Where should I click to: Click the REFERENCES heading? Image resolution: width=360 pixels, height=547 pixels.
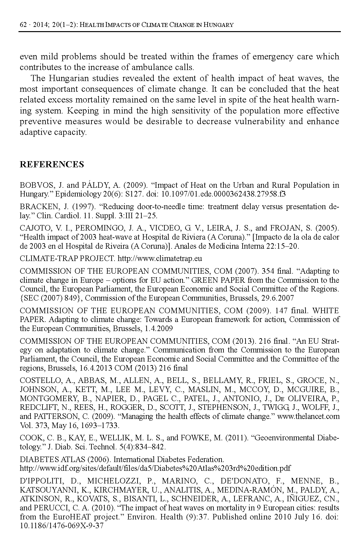click(x=52, y=164)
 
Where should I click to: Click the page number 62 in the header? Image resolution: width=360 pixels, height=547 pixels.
click(x=23, y=25)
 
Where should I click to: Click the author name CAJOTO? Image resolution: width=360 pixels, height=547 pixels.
click(x=34, y=228)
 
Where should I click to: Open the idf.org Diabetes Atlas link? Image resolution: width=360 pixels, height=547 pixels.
click(x=155, y=468)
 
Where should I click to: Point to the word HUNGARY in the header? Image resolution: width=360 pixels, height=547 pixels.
click(x=218, y=25)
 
